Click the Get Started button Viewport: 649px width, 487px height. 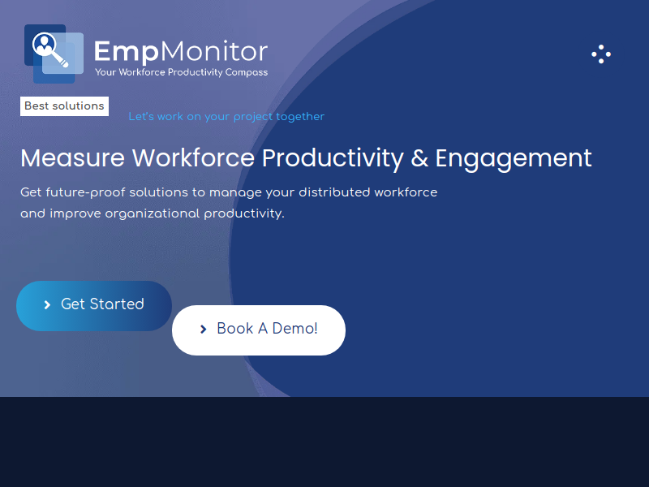click(x=94, y=306)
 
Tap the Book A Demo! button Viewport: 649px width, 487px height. click(x=259, y=330)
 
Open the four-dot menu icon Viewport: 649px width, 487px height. click(x=601, y=54)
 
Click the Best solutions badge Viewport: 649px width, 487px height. click(x=65, y=106)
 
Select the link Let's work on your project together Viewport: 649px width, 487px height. click(x=226, y=117)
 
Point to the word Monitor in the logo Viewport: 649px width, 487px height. click(x=214, y=51)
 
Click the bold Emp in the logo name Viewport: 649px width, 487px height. click(x=127, y=52)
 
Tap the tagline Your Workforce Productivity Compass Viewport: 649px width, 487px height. click(x=181, y=72)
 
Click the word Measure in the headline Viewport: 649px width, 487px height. click(x=72, y=157)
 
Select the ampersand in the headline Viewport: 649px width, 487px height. click(x=419, y=158)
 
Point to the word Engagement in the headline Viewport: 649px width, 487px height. click(x=514, y=159)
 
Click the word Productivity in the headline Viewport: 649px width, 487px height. click(x=333, y=159)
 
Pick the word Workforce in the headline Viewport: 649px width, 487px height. click(x=193, y=157)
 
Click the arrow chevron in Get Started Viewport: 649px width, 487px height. click(x=47, y=305)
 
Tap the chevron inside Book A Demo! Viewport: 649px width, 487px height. click(x=204, y=330)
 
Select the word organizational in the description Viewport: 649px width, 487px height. click(x=153, y=213)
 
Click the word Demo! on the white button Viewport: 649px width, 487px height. click(x=294, y=329)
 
